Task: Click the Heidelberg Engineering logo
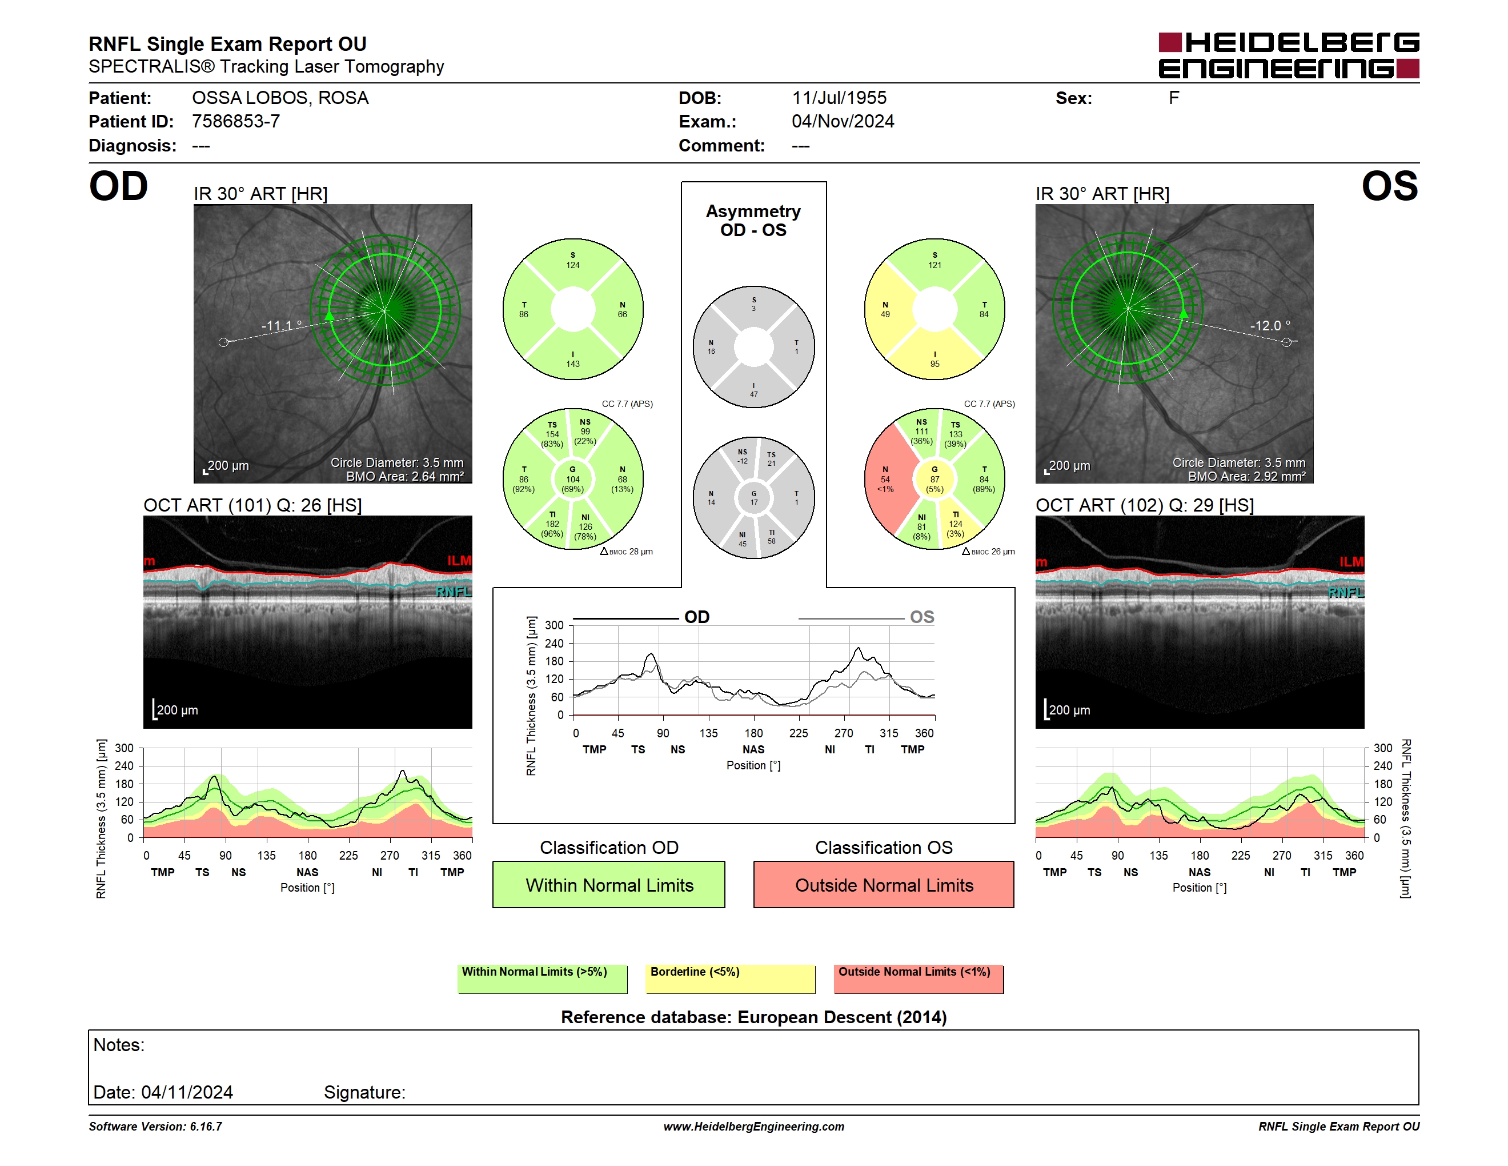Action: [1289, 55]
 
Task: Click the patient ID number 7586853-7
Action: [236, 122]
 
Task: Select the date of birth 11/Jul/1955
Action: [839, 98]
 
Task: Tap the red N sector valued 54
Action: [886, 479]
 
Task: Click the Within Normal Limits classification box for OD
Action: [609, 884]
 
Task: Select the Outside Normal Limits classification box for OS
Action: [884, 884]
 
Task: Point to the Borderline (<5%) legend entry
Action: [731, 979]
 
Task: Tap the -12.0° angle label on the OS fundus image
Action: [1270, 325]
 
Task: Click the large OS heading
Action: [1389, 186]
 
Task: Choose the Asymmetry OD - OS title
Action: [753, 221]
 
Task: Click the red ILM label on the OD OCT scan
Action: [459, 560]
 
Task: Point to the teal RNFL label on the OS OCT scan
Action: [1346, 592]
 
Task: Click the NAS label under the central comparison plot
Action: [753, 749]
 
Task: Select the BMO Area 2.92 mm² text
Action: [1246, 476]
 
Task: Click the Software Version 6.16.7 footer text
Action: [155, 1127]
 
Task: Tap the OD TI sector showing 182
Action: [552, 524]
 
